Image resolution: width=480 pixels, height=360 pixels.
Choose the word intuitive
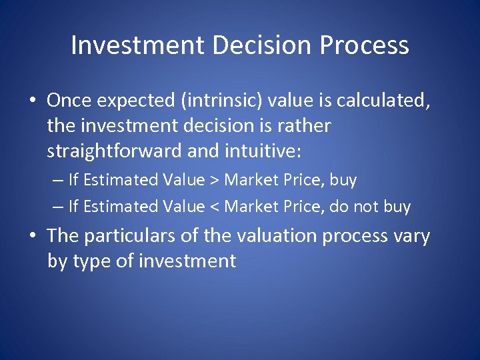(259, 152)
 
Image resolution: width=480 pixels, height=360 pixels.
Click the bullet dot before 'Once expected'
(33, 102)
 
